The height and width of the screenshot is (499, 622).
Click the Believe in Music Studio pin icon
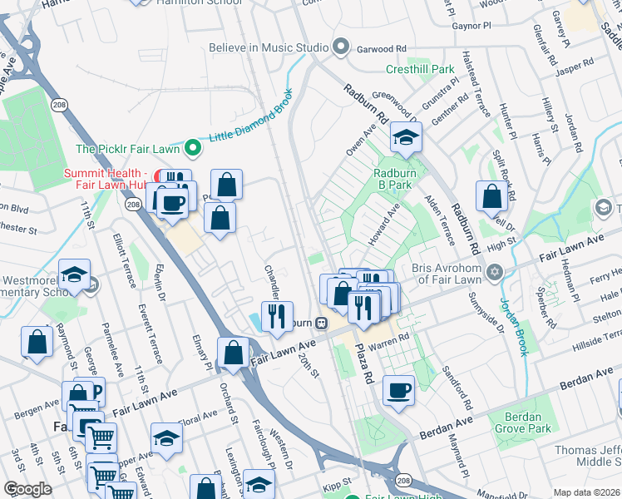click(x=340, y=47)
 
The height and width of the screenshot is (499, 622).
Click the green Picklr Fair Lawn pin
click(x=193, y=149)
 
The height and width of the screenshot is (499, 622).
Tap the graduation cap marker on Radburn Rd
click(x=405, y=139)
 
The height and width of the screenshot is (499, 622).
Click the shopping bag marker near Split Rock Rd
click(x=491, y=196)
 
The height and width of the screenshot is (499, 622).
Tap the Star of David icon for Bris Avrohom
click(x=495, y=273)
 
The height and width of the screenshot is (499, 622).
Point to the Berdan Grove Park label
click(x=521, y=422)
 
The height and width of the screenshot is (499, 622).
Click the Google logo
click(x=27, y=489)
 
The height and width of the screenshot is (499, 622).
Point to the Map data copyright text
click(x=586, y=492)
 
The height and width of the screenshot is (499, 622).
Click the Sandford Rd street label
click(x=457, y=387)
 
